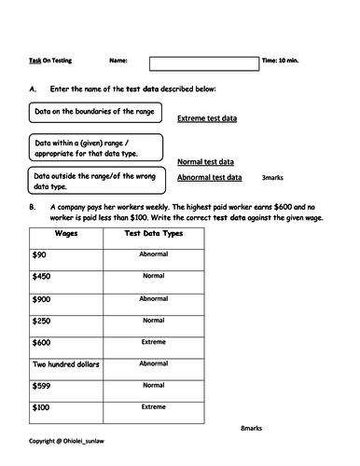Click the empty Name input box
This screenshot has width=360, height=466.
point(204,63)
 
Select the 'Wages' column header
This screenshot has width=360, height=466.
point(66,233)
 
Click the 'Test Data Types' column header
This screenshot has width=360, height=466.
point(153,233)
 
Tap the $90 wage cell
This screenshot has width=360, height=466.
point(39,254)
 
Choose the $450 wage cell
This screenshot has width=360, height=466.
point(41,276)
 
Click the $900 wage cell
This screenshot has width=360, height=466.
point(41,298)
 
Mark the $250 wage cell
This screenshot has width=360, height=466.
point(41,320)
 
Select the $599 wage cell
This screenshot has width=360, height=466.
point(41,386)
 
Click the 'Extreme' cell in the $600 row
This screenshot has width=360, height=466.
point(153,341)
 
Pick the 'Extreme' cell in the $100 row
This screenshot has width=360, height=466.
point(153,407)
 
